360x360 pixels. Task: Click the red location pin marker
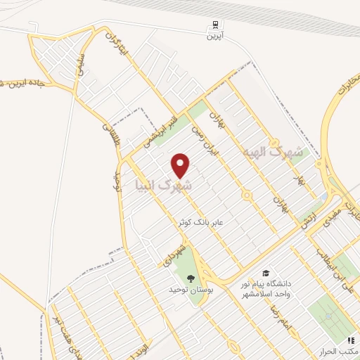tap(181, 166)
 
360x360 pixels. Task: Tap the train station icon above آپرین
tap(211, 25)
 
